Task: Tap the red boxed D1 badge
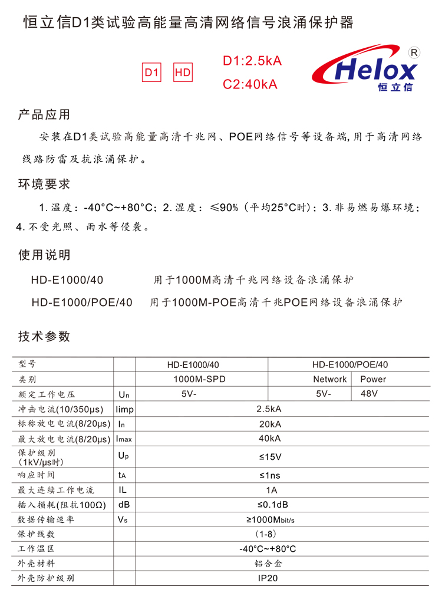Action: [152, 73]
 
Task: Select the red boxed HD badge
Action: [183, 73]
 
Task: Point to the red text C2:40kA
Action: [250, 84]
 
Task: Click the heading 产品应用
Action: [44, 114]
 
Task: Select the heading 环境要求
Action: [44, 184]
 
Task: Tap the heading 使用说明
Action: [44, 255]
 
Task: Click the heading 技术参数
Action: [44, 336]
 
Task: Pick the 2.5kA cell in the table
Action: [269, 409]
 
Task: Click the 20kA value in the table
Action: [269, 424]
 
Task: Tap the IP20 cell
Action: [269, 578]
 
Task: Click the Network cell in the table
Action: [329, 379]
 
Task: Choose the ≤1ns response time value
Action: [269, 475]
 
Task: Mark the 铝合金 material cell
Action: [269, 563]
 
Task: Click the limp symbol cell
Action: [125, 409]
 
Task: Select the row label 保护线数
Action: [37, 534]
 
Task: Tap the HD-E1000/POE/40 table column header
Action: [350, 364]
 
